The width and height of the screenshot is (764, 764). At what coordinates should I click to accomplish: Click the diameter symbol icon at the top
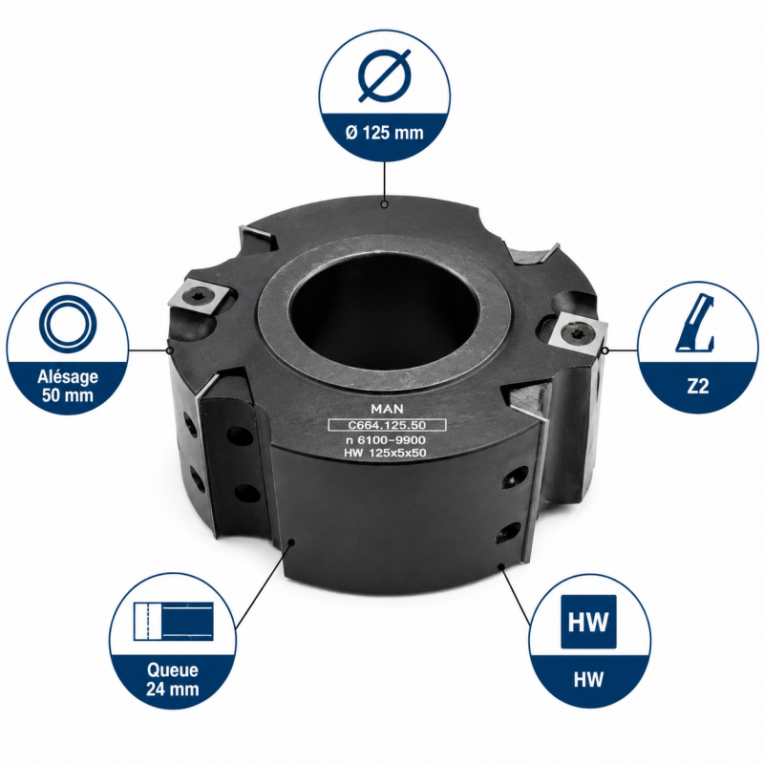click(385, 76)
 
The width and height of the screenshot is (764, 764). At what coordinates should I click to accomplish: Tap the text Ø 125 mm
click(385, 133)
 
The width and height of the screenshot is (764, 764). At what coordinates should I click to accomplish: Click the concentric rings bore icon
click(68, 325)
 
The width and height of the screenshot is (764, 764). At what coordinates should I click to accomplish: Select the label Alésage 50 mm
click(68, 386)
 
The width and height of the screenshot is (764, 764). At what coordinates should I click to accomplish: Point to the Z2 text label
click(698, 387)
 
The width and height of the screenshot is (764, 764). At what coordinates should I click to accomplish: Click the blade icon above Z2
click(695, 323)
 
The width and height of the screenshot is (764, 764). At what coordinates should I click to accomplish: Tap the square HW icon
click(588, 622)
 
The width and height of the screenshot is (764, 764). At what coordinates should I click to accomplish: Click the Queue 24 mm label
click(173, 680)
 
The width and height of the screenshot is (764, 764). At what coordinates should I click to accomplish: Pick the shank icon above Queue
click(174, 622)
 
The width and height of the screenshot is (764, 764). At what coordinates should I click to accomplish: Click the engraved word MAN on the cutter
click(388, 409)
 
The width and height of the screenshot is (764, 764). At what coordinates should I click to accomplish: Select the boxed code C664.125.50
click(388, 425)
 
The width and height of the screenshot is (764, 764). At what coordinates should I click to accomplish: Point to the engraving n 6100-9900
click(386, 440)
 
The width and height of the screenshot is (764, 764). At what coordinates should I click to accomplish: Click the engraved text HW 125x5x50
click(385, 453)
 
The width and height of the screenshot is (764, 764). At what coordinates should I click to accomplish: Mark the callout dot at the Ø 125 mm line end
click(385, 204)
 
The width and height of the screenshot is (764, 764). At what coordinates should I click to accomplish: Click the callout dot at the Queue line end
click(291, 541)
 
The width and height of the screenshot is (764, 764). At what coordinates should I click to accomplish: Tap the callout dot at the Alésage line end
click(170, 350)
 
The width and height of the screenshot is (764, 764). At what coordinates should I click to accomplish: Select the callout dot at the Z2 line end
click(605, 350)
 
